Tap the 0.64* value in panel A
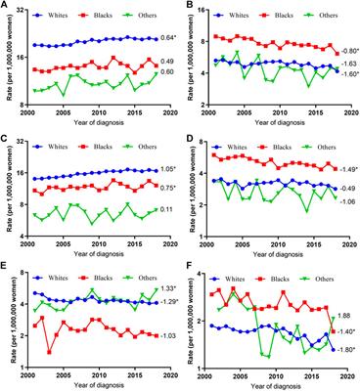(167, 38)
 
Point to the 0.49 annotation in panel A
(165, 62)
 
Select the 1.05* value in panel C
(167, 168)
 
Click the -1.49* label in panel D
(346, 169)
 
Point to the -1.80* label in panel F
(346, 349)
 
